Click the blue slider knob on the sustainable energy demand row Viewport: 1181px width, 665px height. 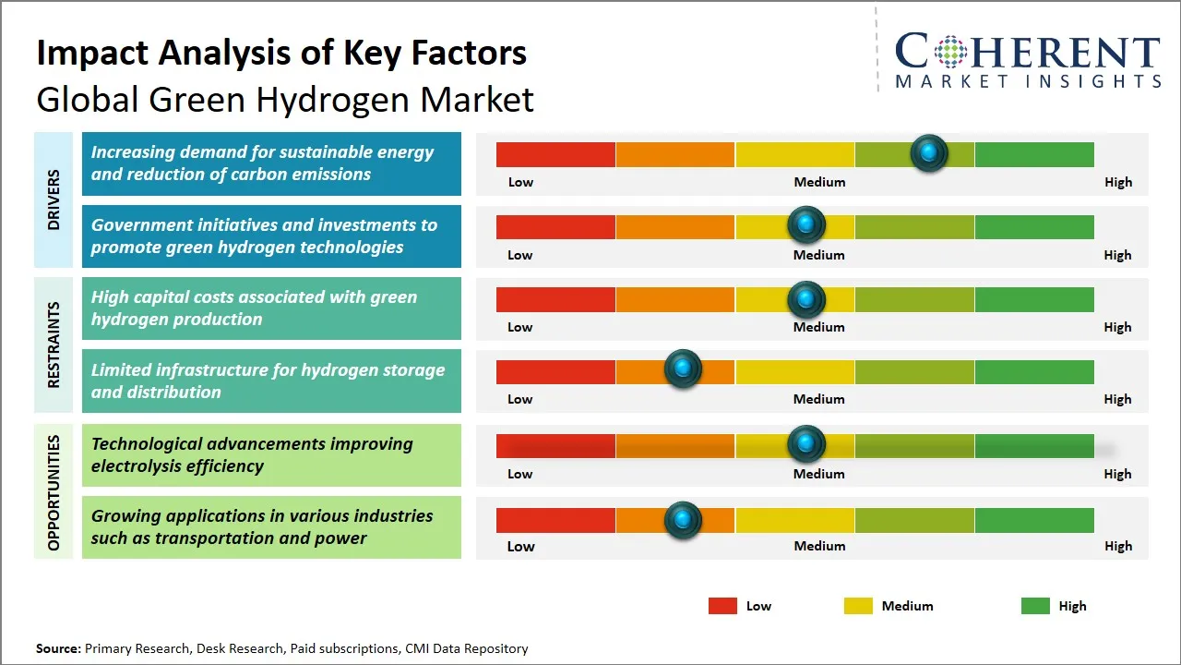(x=929, y=152)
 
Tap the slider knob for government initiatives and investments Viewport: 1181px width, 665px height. (x=806, y=224)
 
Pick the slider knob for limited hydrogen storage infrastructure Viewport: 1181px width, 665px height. (x=683, y=369)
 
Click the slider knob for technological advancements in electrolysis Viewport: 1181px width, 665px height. (x=806, y=444)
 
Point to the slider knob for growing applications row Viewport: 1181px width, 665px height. (x=683, y=520)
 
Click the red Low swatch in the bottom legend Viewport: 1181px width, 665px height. (x=722, y=606)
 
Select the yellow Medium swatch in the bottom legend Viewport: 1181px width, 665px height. (x=858, y=606)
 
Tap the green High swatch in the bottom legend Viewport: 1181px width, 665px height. (x=1035, y=606)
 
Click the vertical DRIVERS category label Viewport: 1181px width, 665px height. (x=54, y=199)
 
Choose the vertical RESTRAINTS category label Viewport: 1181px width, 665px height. (x=54, y=345)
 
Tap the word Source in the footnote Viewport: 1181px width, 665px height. (x=57, y=648)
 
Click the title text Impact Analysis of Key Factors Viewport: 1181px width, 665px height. (x=281, y=53)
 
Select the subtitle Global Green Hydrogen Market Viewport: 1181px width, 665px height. (x=285, y=99)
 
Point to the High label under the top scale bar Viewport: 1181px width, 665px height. (x=1117, y=182)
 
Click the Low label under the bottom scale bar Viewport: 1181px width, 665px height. (x=520, y=546)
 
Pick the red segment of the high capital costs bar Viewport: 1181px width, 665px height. (x=555, y=299)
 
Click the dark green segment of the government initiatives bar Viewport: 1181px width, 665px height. (x=1033, y=226)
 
